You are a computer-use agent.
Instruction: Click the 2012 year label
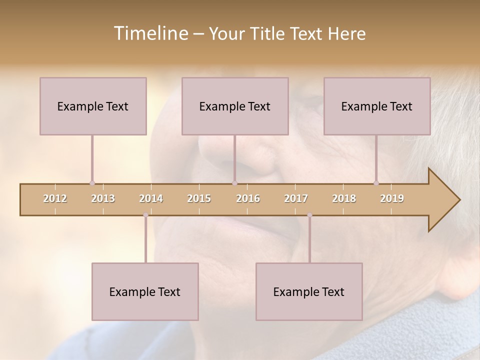coord(55,198)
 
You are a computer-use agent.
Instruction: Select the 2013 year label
coord(103,198)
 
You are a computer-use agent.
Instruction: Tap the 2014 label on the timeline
coord(151,198)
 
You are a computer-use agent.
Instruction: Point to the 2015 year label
coord(199,198)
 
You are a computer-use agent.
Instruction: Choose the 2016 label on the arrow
coord(248,198)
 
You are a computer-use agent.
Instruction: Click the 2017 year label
coord(296,198)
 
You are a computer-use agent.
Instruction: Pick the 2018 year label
coord(344,198)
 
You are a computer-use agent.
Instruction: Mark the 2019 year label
coord(392,198)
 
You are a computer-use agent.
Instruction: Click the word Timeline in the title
coord(149,33)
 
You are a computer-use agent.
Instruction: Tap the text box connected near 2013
coord(93,106)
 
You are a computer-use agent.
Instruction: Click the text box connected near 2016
coord(235,106)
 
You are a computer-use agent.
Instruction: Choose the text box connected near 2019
coord(377,106)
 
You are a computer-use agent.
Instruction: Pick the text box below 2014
coord(145,291)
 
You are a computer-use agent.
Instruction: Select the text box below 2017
coord(309,291)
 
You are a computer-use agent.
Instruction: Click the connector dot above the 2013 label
coord(92,183)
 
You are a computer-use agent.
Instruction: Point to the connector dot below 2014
coord(145,215)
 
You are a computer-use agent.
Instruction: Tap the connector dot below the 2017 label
coord(309,215)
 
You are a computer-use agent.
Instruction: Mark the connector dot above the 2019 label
coord(376,183)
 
